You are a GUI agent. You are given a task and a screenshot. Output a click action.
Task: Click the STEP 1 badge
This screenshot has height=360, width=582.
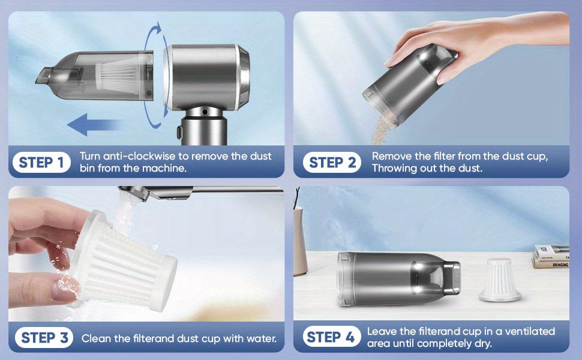point(41,162)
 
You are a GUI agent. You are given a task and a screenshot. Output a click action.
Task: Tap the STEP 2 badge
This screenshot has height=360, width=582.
point(332,162)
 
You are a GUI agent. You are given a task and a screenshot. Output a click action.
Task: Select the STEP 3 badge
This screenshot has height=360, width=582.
point(44,338)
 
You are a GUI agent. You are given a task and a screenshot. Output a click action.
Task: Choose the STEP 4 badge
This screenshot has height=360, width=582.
point(331,337)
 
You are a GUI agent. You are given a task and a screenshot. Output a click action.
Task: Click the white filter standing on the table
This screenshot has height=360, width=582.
point(500,280)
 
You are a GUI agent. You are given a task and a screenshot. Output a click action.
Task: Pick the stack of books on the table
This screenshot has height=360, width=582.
point(551,256)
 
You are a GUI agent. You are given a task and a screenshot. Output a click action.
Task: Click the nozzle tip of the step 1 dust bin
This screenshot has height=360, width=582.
point(43,76)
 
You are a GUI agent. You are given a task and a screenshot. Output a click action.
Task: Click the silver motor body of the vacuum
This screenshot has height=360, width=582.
point(206,77)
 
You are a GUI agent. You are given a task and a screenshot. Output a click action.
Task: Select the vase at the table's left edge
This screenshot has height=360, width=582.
point(299,241)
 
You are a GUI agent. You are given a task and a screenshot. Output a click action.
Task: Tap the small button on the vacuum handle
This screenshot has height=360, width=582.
point(179,132)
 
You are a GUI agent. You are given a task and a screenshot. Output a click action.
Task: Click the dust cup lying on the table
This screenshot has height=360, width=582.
point(399,279)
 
